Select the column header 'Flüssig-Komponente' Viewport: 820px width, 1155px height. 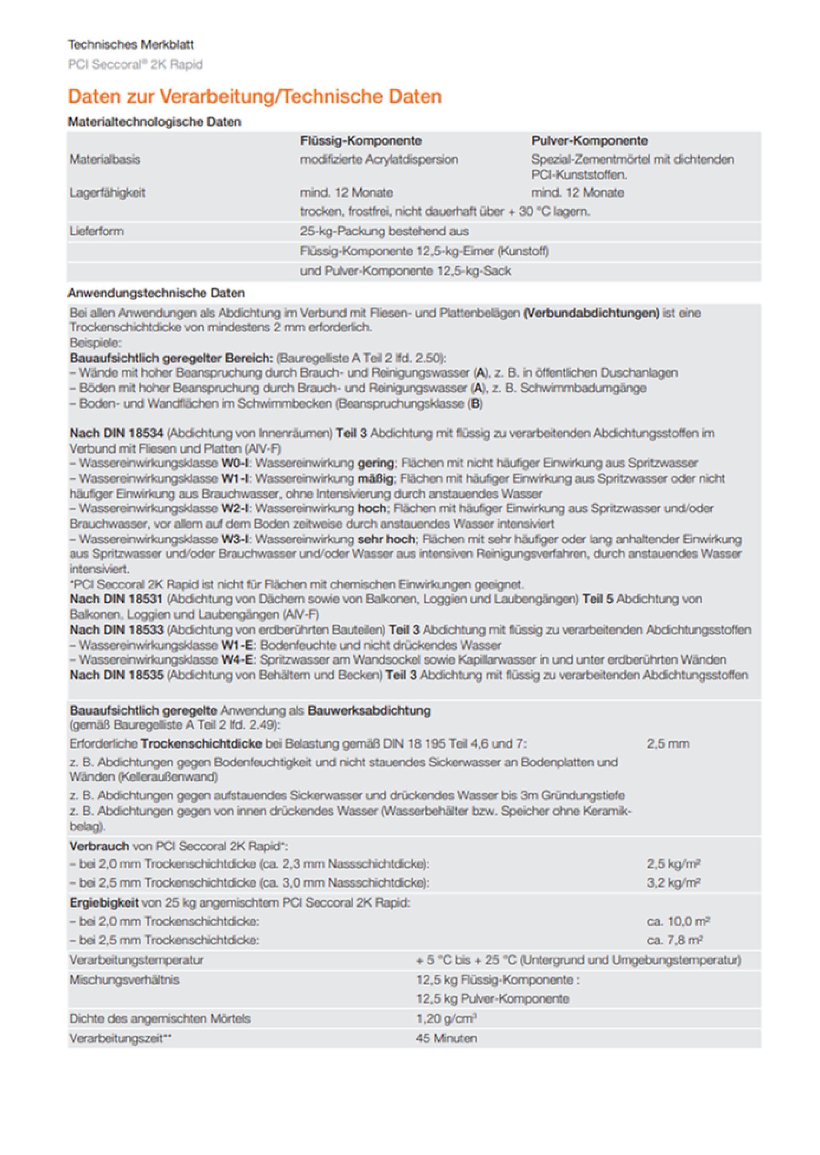[x=361, y=141]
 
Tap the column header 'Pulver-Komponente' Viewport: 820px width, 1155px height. [x=589, y=141]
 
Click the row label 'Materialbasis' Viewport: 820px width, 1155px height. [x=105, y=160]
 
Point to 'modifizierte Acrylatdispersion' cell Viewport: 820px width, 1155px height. [x=379, y=160]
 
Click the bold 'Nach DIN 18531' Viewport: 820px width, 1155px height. [x=116, y=599]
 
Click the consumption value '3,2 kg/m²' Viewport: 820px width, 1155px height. [x=673, y=883]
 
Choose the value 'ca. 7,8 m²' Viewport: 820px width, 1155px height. [x=675, y=940]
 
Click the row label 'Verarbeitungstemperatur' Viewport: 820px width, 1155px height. [x=136, y=959]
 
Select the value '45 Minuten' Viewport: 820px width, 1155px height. [x=446, y=1038]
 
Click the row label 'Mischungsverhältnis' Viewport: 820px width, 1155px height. [x=124, y=980]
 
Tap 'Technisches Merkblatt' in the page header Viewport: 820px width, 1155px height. [x=131, y=45]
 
